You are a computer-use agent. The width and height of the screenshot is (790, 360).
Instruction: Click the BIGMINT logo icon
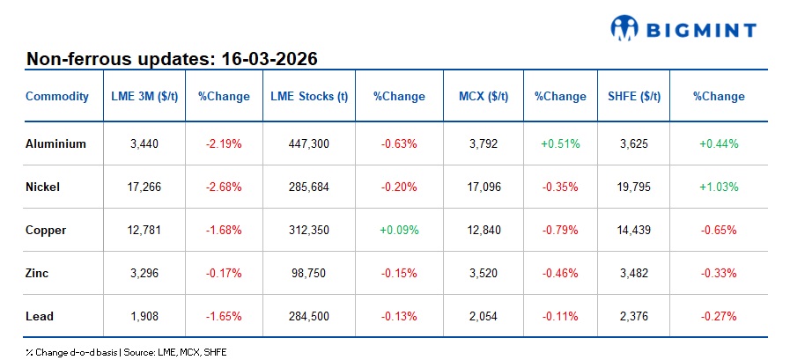[x=624, y=28]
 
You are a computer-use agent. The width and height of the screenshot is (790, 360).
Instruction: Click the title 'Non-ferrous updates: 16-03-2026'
[x=172, y=60]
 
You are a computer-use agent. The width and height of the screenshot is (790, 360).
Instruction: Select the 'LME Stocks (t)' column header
[x=308, y=97]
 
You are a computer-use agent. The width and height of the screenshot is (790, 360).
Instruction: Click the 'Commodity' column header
[x=57, y=97]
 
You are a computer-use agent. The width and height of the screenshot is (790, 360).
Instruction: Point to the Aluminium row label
[x=55, y=143]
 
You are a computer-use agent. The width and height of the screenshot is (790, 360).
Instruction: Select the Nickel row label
[x=44, y=187]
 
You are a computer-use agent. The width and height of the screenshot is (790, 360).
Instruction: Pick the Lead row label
[x=40, y=316]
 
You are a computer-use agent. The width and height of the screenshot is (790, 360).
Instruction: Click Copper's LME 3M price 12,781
[x=144, y=230]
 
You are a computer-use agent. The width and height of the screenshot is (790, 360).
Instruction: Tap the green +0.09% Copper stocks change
[x=398, y=230]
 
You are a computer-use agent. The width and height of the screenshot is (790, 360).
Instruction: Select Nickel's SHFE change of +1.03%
[x=718, y=187]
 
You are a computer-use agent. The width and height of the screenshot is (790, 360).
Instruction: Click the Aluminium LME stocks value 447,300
[x=308, y=143]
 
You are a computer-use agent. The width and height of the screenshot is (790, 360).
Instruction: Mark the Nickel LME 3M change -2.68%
[x=223, y=187]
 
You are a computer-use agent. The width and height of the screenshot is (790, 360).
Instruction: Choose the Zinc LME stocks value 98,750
[x=308, y=273]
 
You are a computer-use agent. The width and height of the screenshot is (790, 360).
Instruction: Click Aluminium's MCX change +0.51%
[x=559, y=143]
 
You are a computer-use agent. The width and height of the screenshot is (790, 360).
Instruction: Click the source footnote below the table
[x=127, y=351]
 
